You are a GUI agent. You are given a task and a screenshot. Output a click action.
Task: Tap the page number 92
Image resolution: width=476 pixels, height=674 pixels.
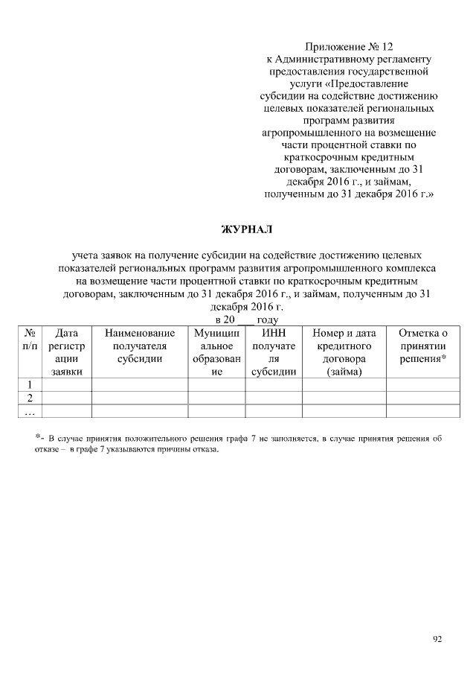[437, 638]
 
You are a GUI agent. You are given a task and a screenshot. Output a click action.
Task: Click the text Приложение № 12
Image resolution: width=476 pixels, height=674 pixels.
[348, 46]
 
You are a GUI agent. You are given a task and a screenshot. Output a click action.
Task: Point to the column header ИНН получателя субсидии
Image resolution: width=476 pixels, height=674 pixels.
[274, 352]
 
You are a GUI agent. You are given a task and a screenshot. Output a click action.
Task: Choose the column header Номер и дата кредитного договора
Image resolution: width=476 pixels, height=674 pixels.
[344, 352]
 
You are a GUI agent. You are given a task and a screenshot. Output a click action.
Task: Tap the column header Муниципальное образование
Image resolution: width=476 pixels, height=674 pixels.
[216, 352]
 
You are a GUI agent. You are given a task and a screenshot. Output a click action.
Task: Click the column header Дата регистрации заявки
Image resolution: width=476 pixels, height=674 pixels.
[67, 352]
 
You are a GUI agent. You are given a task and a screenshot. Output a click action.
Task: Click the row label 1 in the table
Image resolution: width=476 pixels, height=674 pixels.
[30, 384]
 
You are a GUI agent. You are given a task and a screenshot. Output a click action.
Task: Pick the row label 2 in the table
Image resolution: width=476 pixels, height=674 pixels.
[30, 398]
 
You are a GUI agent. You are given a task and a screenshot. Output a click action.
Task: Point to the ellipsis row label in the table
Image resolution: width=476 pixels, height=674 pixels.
[30, 411]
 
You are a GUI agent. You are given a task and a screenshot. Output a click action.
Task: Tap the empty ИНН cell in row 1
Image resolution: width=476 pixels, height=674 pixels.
[274, 384]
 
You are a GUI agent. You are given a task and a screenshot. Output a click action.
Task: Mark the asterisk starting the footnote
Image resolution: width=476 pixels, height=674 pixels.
[37, 438]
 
